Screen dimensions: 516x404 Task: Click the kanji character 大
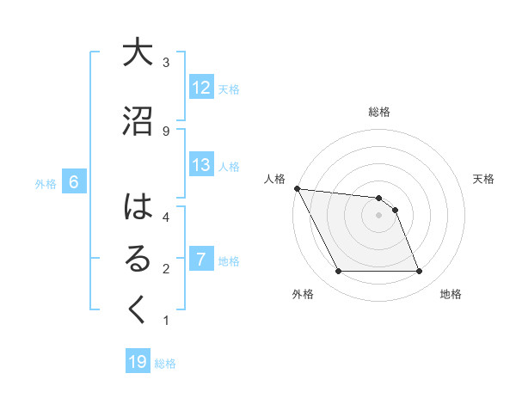point(138,53)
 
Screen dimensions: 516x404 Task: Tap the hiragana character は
point(138,208)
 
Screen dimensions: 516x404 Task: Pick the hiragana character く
point(138,311)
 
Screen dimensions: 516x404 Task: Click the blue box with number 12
point(201,88)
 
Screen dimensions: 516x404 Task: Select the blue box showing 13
point(201,165)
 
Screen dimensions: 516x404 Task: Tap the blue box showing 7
point(201,260)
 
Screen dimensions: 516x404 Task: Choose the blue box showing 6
point(74,182)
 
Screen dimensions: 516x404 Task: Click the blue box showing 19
point(138,363)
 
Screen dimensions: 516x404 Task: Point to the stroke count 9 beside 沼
point(166,131)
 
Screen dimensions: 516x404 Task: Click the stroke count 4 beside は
point(166,217)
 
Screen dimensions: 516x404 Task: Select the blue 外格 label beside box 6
point(46,183)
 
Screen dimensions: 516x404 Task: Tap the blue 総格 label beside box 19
point(165,364)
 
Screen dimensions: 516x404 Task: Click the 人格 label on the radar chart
point(274,179)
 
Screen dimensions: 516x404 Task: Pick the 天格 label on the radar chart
point(484,179)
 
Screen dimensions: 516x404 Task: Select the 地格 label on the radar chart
point(451,294)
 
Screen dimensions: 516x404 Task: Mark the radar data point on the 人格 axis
point(297,188)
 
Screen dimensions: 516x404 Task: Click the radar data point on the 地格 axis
point(419,272)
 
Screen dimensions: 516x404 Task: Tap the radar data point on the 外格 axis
point(338,272)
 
